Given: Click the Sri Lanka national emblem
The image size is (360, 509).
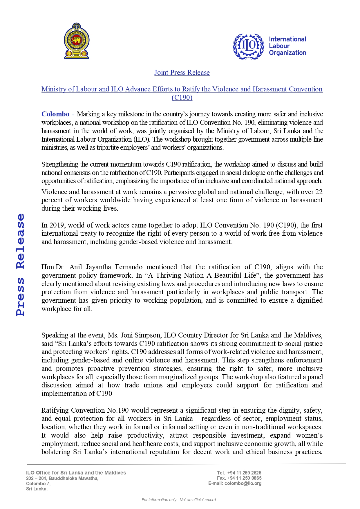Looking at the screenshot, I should click(77, 41).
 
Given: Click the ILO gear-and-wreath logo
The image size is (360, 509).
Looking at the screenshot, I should click(248, 46).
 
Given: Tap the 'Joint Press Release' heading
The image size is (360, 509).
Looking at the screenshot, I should click(182, 73).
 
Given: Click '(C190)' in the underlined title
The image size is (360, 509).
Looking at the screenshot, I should click(182, 98).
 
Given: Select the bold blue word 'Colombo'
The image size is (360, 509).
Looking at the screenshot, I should click(55, 114).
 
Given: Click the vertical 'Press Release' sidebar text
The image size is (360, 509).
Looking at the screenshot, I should click(20, 264).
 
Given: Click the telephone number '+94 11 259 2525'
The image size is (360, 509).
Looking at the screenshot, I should click(244, 473).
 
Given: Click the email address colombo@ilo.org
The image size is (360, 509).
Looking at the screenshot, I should click(243, 483).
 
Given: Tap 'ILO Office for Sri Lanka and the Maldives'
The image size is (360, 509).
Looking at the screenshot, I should click(76, 473).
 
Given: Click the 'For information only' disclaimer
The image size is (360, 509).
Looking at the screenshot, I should click(179, 500).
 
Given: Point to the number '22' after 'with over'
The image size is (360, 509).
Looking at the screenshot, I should click(319, 192).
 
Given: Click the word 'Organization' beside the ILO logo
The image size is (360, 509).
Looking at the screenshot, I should click(287, 53).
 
